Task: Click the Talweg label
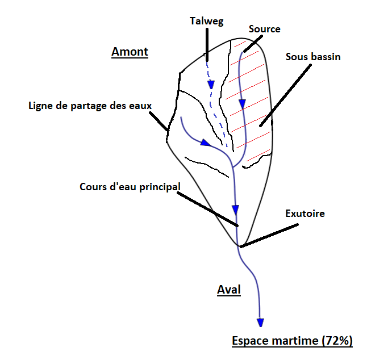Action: coord(206,21)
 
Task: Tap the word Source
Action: coord(265,29)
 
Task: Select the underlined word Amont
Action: coord(130,52)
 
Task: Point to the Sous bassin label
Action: coord(313,57)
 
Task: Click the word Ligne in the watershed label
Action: coord(40,106)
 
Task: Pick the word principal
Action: coord(160,187)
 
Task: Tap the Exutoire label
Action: coord(305,214)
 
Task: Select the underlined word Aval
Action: coord(229,290)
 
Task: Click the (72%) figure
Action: coord(337,340)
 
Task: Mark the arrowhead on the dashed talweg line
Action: coord(211,85)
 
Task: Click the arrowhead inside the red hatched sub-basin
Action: coord(242,104)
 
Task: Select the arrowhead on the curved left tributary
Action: coord(206,143)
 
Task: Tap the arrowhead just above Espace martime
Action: coord(261,323)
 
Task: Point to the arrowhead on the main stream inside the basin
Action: coord(235,210)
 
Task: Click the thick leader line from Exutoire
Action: coord(269,235)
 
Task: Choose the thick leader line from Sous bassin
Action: coord(286,95)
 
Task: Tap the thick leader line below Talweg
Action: coord(207,45)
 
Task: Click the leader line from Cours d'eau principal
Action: coord(207,209)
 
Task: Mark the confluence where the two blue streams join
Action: coord(233,168)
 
